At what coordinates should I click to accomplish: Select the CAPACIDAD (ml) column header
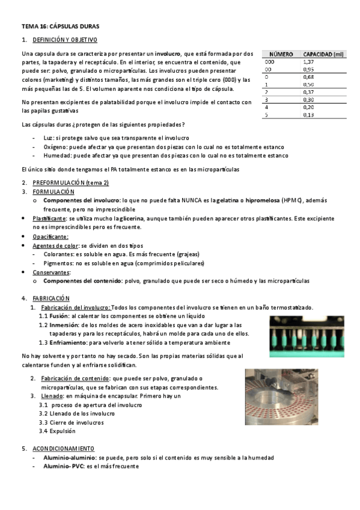tap(323, 54)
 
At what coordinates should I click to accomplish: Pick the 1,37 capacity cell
tap(308, 61)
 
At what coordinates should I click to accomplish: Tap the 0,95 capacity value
tap(308, 69)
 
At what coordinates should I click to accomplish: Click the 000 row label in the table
tap(269, 61)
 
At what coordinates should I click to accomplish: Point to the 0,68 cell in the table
tap(308, 77)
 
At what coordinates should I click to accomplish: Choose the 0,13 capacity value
tap(308, 114)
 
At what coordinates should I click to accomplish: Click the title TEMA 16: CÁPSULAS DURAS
tap(60, 26)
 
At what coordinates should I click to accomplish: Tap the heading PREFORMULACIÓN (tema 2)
tap(70, 182)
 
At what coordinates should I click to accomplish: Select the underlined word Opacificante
tap(50, 236)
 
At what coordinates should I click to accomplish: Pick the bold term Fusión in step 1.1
tap(59, 316)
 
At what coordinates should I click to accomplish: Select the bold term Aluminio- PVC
tap(63, 465)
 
